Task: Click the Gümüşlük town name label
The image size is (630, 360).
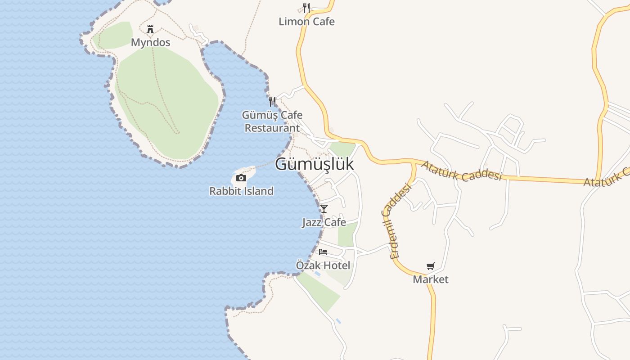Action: pos(314,164)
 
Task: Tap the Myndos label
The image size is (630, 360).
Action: pos(150,42)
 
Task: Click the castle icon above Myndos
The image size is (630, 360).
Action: pos(150,30)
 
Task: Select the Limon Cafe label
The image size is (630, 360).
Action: pos(306,21)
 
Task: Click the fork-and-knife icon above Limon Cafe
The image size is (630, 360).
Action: pos(306,8)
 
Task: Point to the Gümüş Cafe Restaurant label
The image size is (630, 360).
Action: pos(272,121)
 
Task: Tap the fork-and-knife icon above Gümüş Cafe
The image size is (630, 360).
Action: pos(272,101)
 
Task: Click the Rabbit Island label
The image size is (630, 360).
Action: pos(241,191)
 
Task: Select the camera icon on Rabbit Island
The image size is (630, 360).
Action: pos(241,178)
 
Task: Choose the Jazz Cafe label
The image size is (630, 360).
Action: pos(324,222)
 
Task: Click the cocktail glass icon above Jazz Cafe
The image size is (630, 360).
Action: pos(324,208)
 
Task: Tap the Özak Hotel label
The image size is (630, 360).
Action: pos(323,265)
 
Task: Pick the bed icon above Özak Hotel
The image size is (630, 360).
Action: pos(323,252)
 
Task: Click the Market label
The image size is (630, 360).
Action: pos(431,279)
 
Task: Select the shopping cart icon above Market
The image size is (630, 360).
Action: pos(431,266)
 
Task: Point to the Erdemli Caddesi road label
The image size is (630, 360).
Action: pos(396,220)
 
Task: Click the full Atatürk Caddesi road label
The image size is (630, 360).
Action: pos(461,171)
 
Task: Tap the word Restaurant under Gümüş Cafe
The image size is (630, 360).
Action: pos(272,128)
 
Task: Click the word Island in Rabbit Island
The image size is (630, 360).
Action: pos(257,191)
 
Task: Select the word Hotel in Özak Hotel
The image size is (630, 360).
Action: pos(336,265)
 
